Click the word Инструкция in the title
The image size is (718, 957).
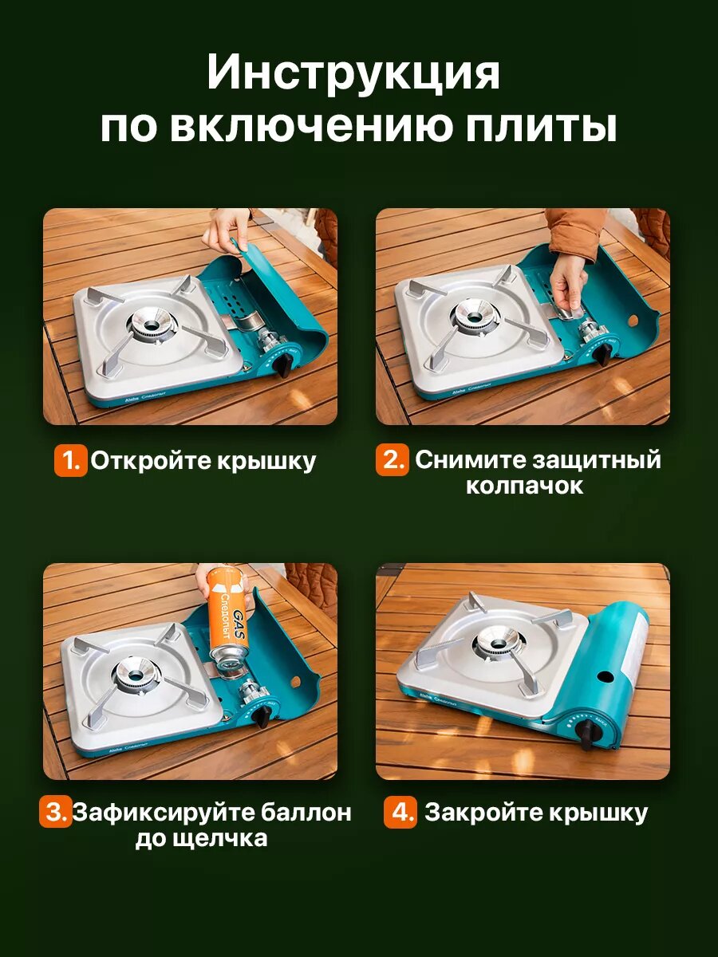353,73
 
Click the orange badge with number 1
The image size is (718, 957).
71,460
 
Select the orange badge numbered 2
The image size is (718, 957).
393,459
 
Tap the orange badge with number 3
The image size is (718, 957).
55,811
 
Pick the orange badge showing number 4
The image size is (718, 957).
400,812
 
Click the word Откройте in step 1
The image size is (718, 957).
152,461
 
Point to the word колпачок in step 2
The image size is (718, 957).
524,486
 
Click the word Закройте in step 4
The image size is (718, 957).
483,813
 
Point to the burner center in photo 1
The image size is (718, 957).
151,325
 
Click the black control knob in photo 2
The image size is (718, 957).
605,356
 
